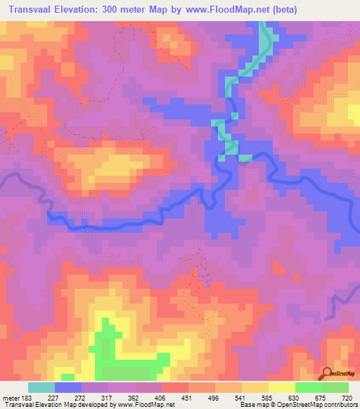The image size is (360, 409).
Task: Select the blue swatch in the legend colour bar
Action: click(x=67, y=388)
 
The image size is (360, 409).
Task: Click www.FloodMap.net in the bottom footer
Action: click(x=146, y=404)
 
